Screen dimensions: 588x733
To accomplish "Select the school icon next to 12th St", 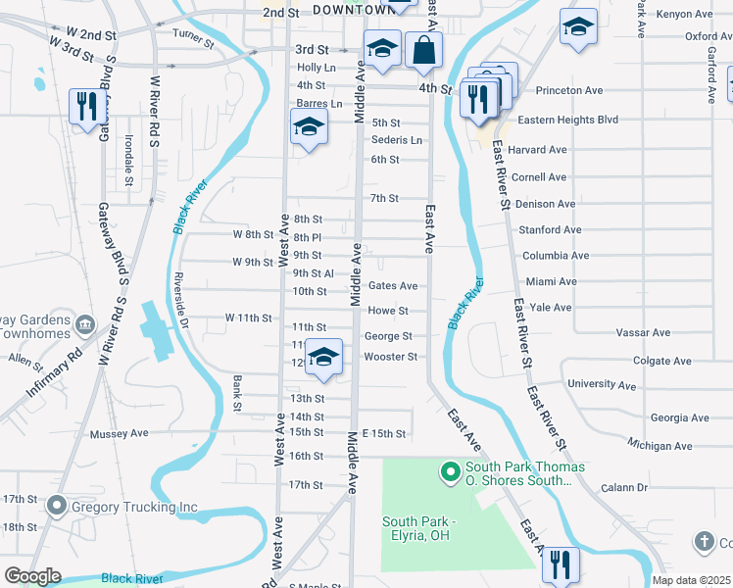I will click(x=323, y=359).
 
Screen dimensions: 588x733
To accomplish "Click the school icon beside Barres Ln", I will click(x=309, y=127).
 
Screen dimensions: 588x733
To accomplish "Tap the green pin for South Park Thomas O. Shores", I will click(x=451, y=473).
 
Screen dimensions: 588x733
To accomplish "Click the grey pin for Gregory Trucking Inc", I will click(x=56, y=507).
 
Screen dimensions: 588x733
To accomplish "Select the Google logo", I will click(x=32, y=576).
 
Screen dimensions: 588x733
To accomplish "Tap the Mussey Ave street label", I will click(x=119, y=433).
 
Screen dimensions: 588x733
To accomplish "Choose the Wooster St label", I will click(x=391, y=357).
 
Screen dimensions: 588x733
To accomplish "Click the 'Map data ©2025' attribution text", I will click(x=692, y=580).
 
